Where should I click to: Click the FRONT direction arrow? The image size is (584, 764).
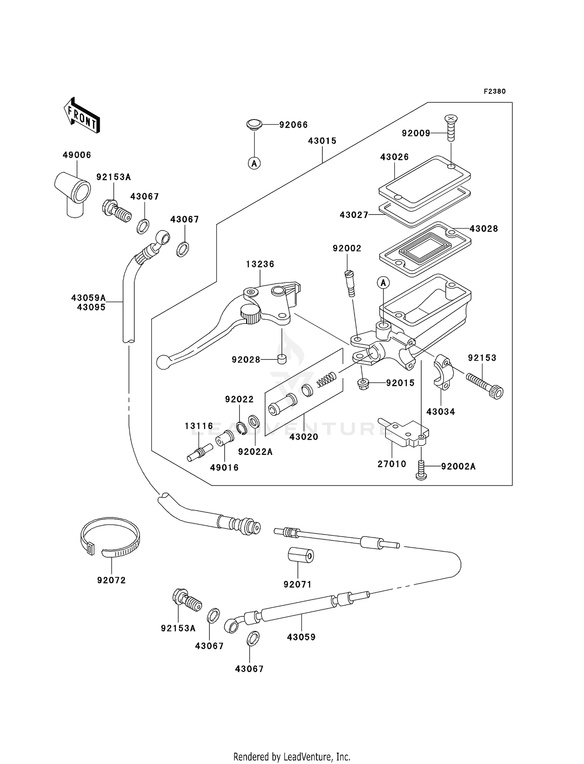(x=81, y=115)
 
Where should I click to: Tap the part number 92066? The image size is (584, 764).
(x=293, y=125)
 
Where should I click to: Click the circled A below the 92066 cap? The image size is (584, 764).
(x=254, y=163)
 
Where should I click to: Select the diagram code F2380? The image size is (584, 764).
(x=494, y=92)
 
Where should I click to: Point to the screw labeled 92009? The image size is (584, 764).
(x=451, y=128)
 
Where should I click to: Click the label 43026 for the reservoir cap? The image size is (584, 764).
(x=394, y=157)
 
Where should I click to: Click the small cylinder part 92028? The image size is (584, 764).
(x=282, y=359)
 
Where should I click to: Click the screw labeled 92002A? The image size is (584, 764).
(x=421, y=470)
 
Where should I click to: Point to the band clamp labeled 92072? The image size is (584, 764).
(x=110, y=537)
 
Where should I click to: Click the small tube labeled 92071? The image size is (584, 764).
(x=301, y=555)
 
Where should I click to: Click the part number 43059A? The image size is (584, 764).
(x=88, y=298)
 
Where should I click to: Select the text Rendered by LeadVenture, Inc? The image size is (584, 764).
(x=292, y=757)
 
